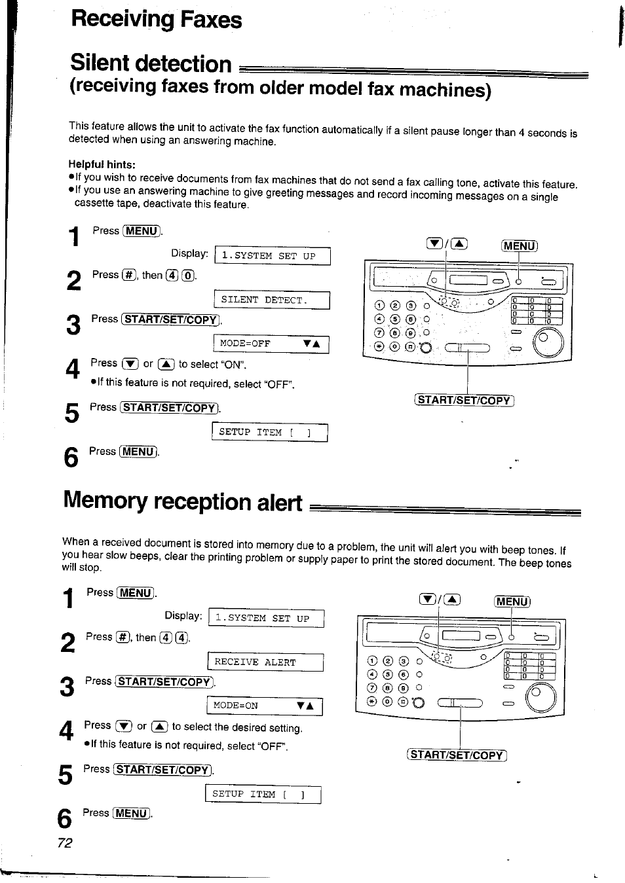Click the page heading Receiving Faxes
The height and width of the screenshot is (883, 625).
157,19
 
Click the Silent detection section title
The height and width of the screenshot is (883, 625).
151,63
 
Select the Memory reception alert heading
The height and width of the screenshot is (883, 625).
183,501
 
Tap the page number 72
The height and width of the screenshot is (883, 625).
65,842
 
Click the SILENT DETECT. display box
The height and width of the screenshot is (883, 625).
272,300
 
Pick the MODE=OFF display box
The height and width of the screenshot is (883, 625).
271,344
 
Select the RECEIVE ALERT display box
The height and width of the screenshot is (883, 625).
265,662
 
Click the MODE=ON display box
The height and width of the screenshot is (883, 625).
265,706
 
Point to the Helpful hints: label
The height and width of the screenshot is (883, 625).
102,164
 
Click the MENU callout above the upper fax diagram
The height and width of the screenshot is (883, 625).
519,246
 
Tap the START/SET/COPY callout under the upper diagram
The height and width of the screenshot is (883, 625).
464,401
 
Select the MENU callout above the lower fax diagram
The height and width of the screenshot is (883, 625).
512,602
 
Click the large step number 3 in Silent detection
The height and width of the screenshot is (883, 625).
73,325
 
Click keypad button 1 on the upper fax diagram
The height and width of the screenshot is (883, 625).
379,306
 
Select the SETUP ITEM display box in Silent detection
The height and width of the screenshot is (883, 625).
270,433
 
